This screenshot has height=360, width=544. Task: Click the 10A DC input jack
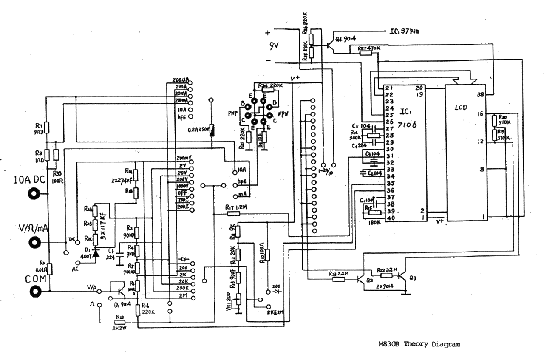click(33, 194)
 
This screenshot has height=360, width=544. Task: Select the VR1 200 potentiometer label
click(228, 300)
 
